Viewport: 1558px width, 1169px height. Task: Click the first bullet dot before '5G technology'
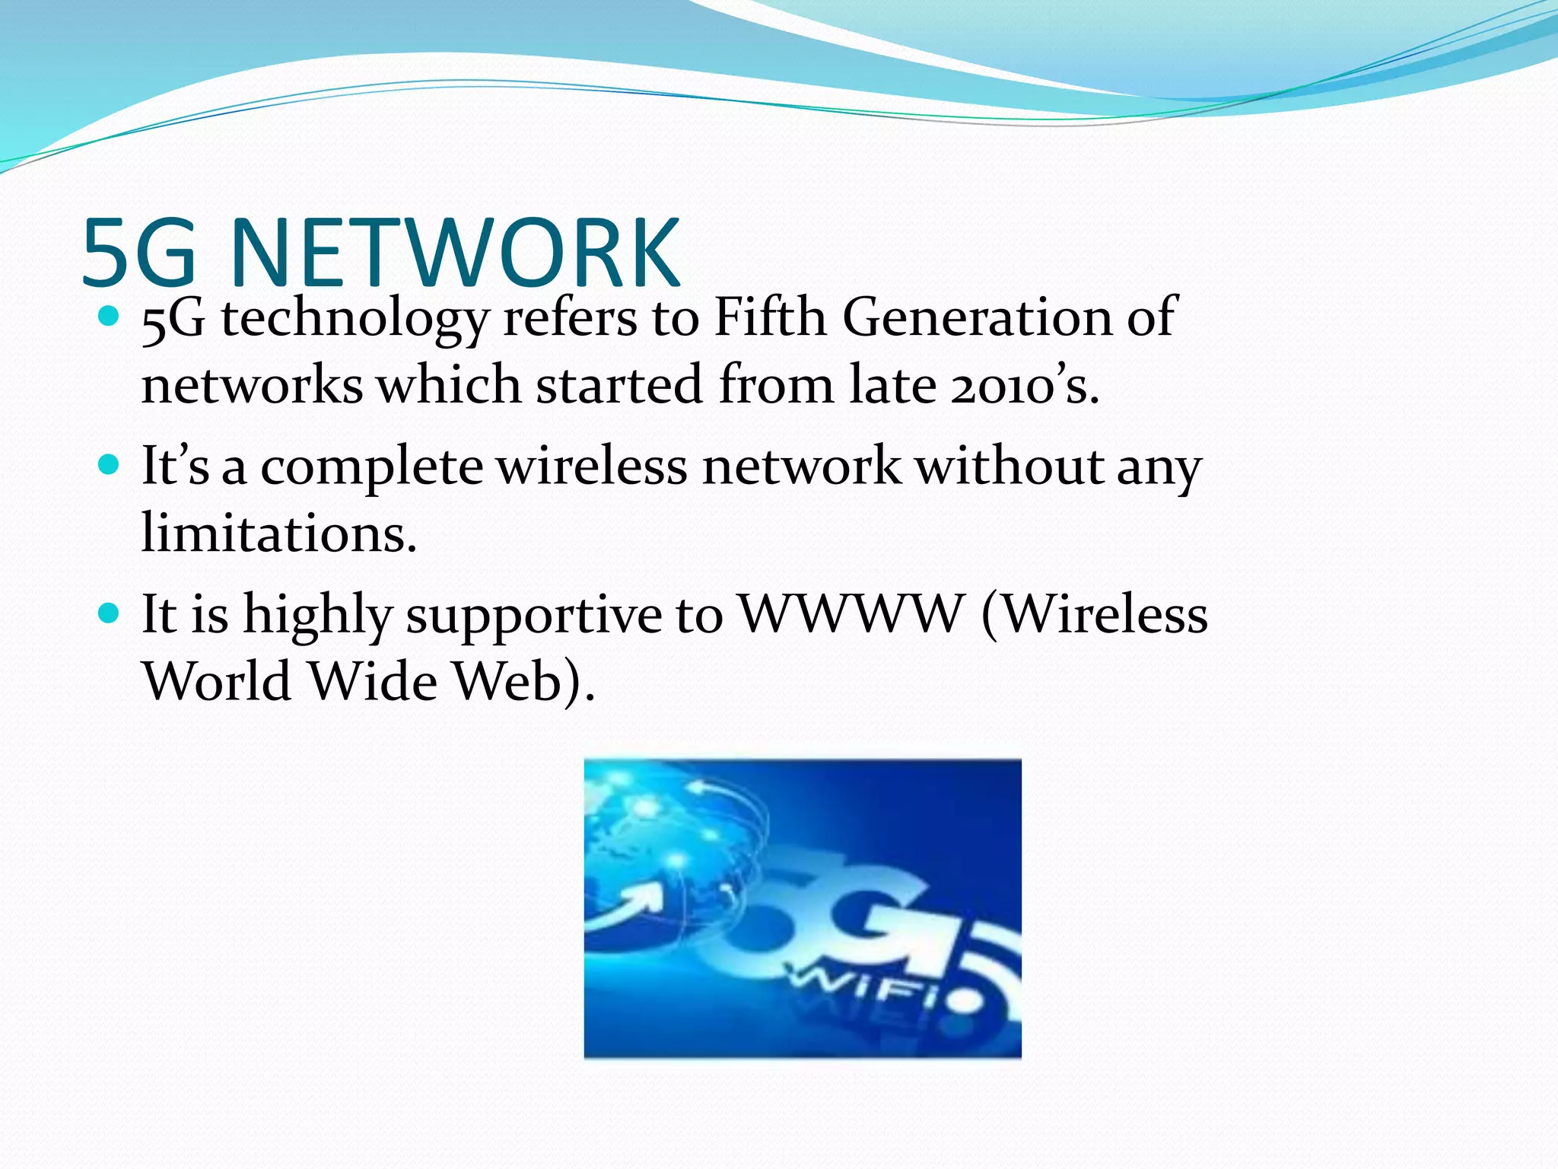(110, 316)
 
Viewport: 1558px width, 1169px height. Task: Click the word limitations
(278, 533)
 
